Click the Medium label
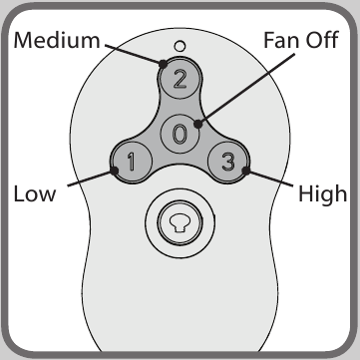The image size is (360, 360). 58,42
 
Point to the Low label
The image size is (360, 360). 34,192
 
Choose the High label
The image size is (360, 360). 322,192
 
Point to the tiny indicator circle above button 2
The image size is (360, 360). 180,46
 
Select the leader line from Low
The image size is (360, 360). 83,180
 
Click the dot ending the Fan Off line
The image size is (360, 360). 199,125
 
